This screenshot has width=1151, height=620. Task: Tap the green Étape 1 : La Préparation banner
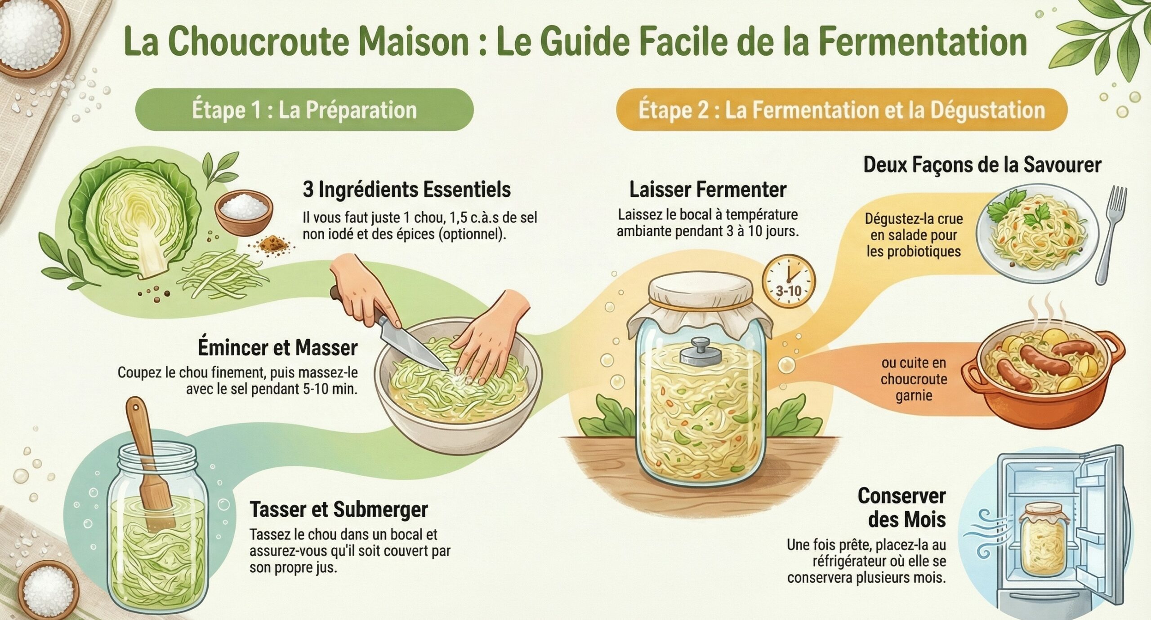click(x=304, y=110)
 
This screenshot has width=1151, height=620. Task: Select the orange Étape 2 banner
click(x=841, y=111)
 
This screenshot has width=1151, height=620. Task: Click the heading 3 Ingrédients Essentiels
click(x=406, y=190)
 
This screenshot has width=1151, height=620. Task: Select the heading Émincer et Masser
click(x=277, y=347)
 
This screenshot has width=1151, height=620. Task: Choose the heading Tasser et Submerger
click(x=339, y=509)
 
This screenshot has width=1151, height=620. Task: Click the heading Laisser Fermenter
click(x=707, y=190)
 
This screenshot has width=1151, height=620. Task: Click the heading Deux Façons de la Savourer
click(x=982, y=165)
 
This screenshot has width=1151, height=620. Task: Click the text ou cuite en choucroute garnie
click(x=913, y=379)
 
